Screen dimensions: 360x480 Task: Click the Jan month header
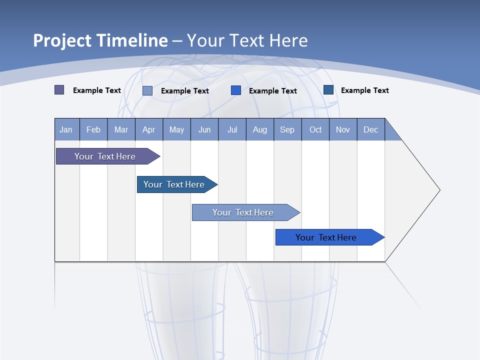click(x=66, y=129)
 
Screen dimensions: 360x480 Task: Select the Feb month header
click(x=93, y=129)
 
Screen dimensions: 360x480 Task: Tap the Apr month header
click(x=148, y=129)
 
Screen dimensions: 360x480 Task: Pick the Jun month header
click(x=204, y=129)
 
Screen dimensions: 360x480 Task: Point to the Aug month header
click(x=260, y=129)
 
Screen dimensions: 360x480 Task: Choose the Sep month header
click(x=287, y=129)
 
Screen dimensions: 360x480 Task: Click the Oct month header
click(x=315, y=129)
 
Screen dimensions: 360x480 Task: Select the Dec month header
click(x=371, y=129)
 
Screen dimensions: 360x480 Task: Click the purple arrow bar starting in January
click(x=105, y=156)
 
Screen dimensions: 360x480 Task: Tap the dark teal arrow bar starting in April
click(x=174, y=184)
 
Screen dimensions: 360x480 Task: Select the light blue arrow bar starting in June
click(x=243, y=212)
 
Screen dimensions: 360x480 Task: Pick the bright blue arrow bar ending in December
click(x=326, y=237)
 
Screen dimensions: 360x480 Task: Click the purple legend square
click(x=59, y=90)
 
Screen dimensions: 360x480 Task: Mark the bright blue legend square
click(x=236, y=90)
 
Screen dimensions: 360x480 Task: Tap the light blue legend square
click(x=147, y=90)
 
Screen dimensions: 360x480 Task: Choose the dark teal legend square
click(x=328, y=90)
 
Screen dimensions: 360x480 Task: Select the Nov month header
click(x=343, y=129)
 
